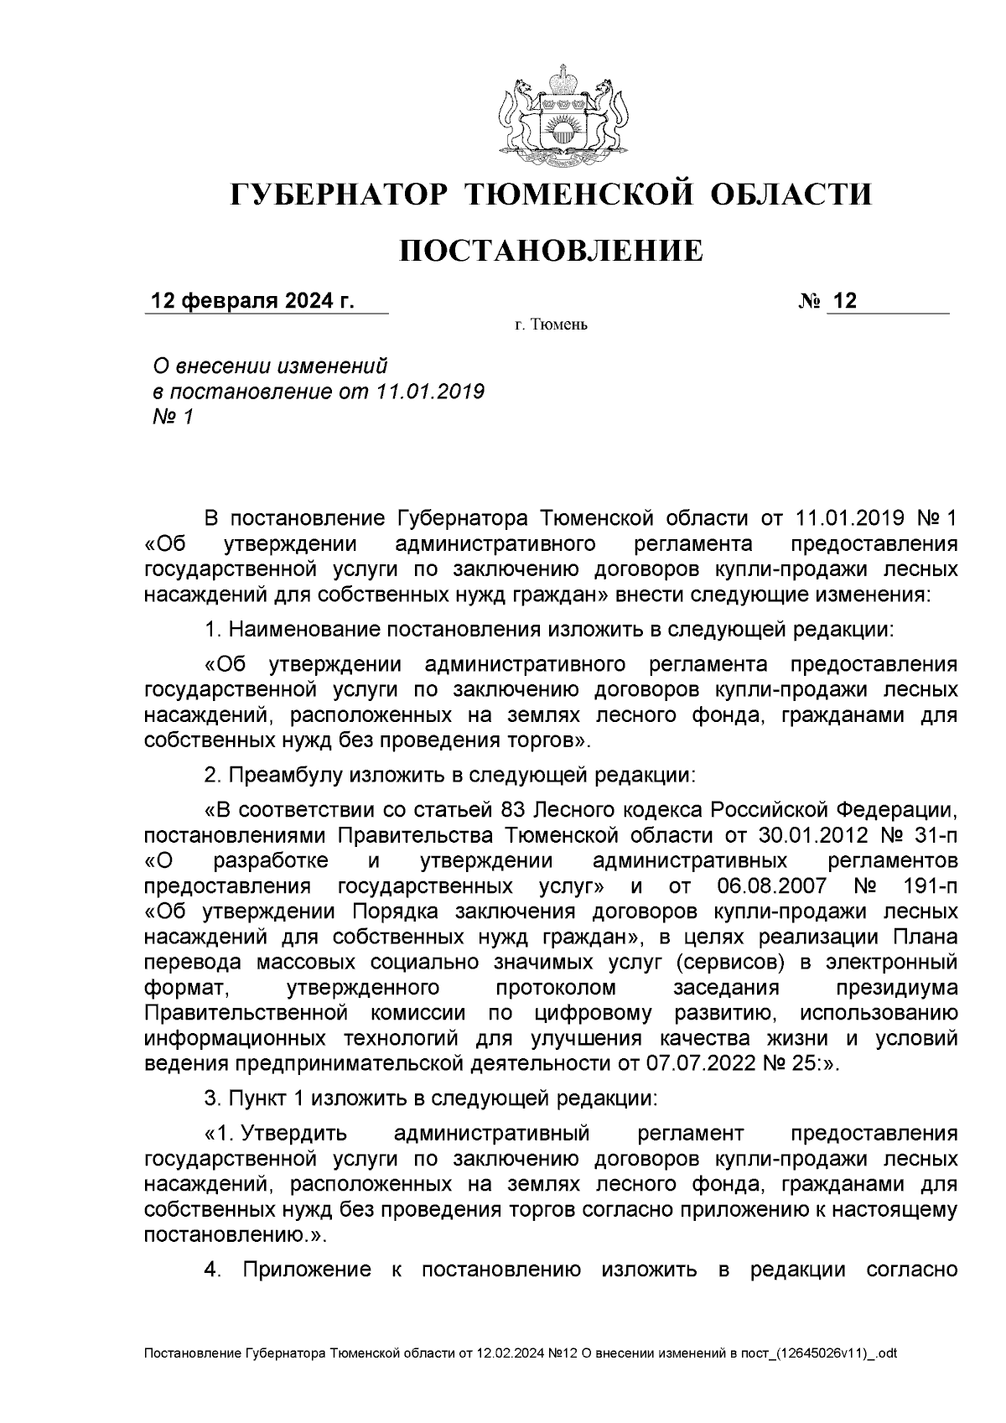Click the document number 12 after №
[x=845, y=302]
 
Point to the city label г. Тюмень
[x=551, y=325]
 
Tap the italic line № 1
[x=172, y=417]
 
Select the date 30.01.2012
[x=787, y=836]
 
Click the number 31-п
[x=932, y=836]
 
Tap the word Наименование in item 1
[x=303, y=629]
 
